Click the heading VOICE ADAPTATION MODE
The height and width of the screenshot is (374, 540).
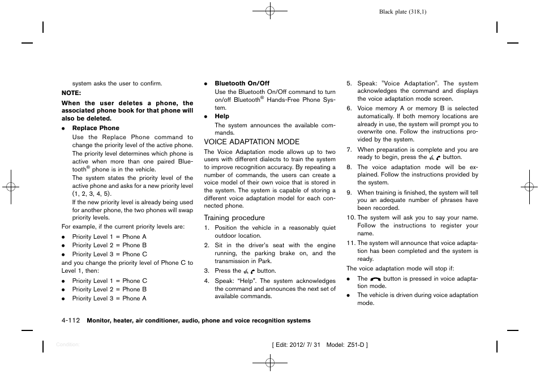pos(251,142)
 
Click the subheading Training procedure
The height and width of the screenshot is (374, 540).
pos(234,218)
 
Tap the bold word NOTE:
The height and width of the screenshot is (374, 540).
pos(71,93)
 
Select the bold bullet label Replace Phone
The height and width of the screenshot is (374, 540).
pos(96,128)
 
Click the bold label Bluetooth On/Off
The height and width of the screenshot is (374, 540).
pos(242,84)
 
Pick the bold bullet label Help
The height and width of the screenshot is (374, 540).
pos(222,117)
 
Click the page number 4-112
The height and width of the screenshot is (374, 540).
pos(70,321)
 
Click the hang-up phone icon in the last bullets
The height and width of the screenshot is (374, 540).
pos(376,279)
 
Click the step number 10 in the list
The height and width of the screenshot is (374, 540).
pos(350,218)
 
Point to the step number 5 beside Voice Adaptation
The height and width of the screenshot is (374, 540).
pos(349,84)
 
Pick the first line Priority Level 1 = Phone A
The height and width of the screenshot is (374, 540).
pos(109,237)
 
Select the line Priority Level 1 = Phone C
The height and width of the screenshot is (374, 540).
pos(109,281)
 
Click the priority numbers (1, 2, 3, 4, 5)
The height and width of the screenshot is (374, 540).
pos(92,194)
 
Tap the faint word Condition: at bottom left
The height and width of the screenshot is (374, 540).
pos(68,345)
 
